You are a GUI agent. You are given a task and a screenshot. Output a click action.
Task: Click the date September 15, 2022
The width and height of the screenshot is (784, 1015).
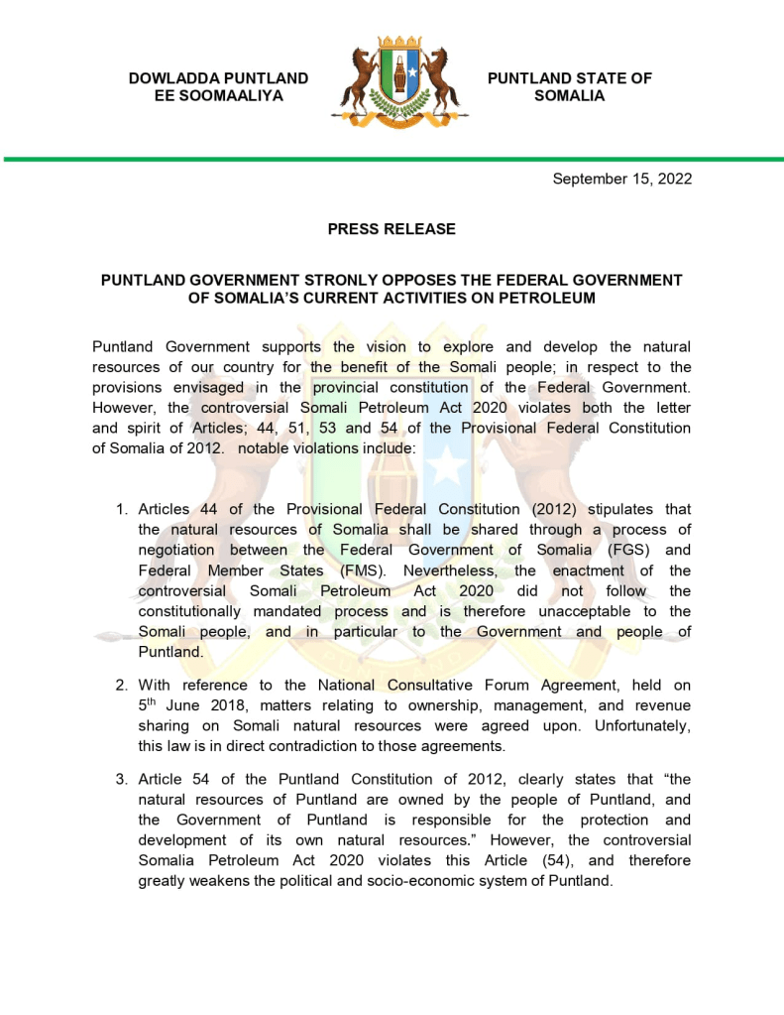(621, 180)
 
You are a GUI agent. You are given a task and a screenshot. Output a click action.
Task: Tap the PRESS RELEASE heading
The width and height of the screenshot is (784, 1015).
(392, 229)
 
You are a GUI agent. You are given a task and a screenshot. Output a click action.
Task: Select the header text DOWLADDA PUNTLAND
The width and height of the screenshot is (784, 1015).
(218, 78)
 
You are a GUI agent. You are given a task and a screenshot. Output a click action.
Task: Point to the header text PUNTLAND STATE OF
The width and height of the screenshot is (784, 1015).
(570, 78)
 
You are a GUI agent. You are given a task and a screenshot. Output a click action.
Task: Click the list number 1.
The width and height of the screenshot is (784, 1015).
(122, 509)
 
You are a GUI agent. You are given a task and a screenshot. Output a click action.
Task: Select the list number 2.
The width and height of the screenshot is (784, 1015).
(122, 685)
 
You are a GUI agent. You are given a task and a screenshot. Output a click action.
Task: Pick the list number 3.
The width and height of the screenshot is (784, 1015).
(122, 779)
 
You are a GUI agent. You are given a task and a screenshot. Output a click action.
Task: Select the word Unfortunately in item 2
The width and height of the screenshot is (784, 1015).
(639, 725)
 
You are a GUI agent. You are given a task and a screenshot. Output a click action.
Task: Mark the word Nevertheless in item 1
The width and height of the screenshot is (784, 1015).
(467, 571)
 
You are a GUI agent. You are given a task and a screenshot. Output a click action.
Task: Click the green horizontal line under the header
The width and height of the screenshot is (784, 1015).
(392, 159)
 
